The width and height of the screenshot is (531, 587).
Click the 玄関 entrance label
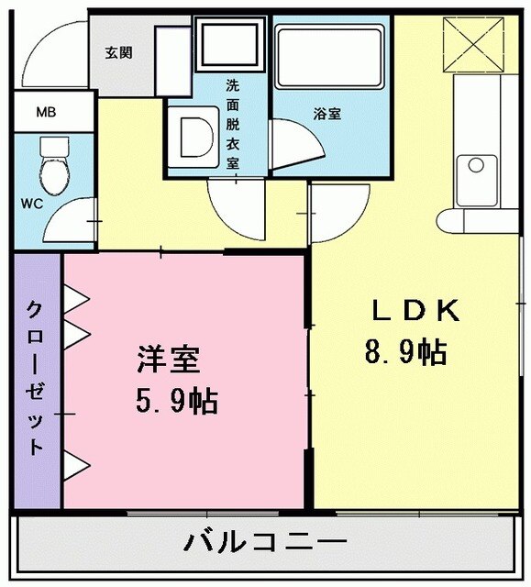click(x=118, y=52)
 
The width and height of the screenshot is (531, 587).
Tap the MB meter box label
click(x=45, y=113)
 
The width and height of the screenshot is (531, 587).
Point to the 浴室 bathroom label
click(x=327, y=114)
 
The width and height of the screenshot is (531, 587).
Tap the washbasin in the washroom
click(x=194, y=136)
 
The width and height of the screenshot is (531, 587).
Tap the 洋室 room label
click(x=168, y=359)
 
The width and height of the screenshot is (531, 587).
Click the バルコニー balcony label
click(x=265, y=542)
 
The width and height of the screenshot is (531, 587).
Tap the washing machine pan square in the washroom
click(x=230, y=43)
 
